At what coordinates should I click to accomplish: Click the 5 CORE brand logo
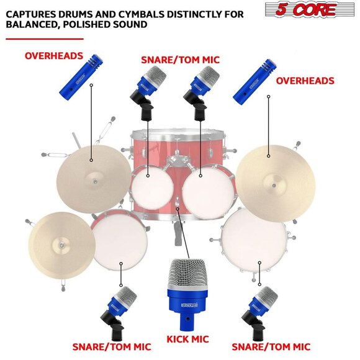click(x=309, y=10)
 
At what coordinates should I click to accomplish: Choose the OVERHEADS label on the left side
click(x=54, y=56)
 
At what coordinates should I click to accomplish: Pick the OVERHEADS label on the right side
click(x=305, y=81)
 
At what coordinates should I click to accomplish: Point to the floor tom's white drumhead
click(x=254, y=240)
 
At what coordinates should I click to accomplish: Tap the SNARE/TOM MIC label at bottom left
click(x=112, y=346)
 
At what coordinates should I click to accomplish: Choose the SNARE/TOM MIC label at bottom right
click(x=271, y=346)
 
